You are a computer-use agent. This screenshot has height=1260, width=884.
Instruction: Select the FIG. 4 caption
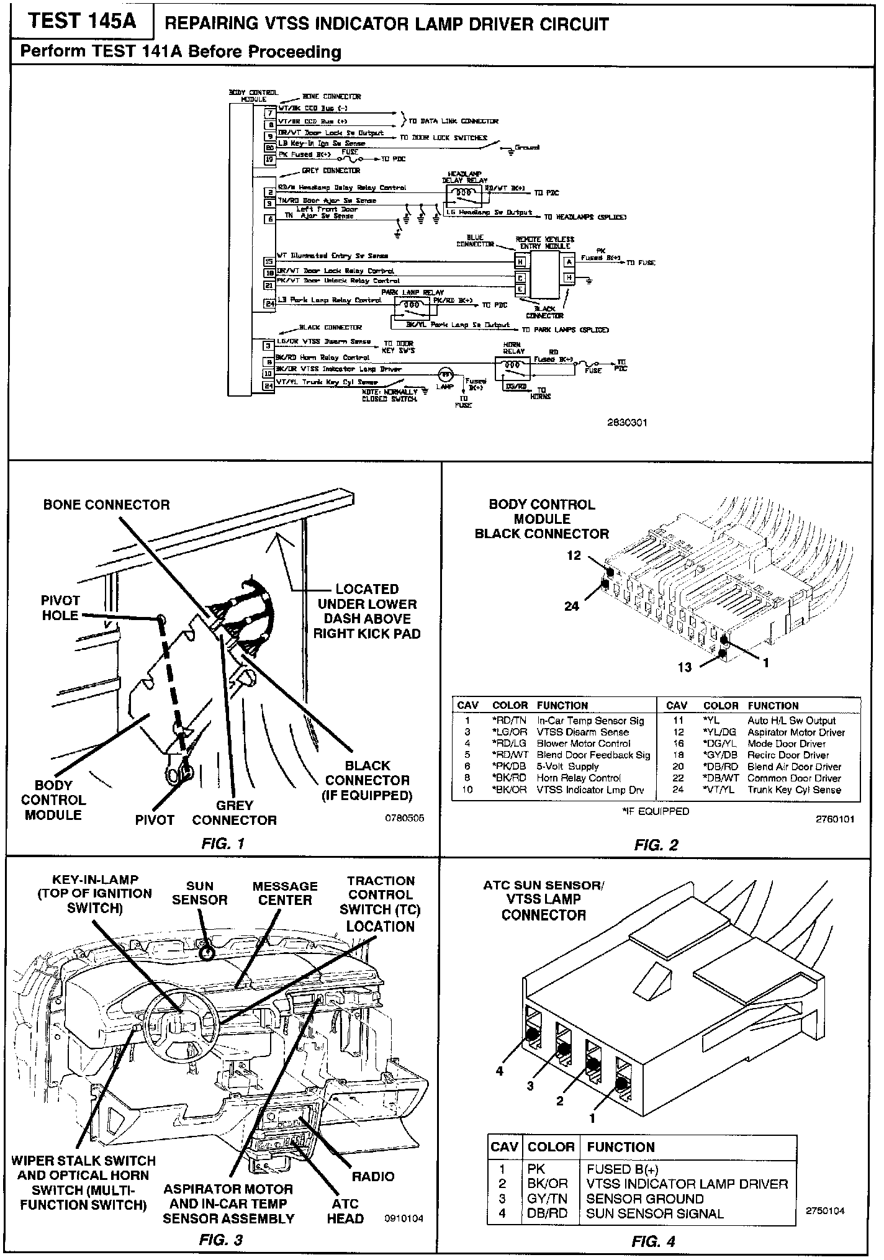click(x=653, y=1241)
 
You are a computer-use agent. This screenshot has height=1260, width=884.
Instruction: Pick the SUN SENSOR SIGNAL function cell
click(x=654, y=1213)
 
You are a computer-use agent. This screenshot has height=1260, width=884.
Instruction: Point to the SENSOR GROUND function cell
click(x=644, y=1199)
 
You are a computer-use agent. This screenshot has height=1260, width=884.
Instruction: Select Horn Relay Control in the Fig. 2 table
click(x=579, y=778)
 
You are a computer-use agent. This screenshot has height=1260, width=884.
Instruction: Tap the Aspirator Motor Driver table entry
click(x=796, y=732)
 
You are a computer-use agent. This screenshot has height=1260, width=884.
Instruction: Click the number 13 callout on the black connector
click(x=684, y=667)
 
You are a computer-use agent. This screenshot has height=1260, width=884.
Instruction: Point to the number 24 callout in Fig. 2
click(x=572, y=606)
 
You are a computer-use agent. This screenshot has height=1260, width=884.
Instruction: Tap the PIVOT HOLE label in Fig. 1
click(x=60, y=608)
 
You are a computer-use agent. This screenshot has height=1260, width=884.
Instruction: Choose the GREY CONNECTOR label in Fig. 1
click(x=234, y=813)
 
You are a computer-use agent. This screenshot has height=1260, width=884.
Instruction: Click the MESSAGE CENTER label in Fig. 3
click(x=285, y=893)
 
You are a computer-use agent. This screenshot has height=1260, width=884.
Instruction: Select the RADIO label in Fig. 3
click(x=373, y=1176)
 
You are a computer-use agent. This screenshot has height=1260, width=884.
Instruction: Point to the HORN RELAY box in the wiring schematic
click(x=514, y=367)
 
